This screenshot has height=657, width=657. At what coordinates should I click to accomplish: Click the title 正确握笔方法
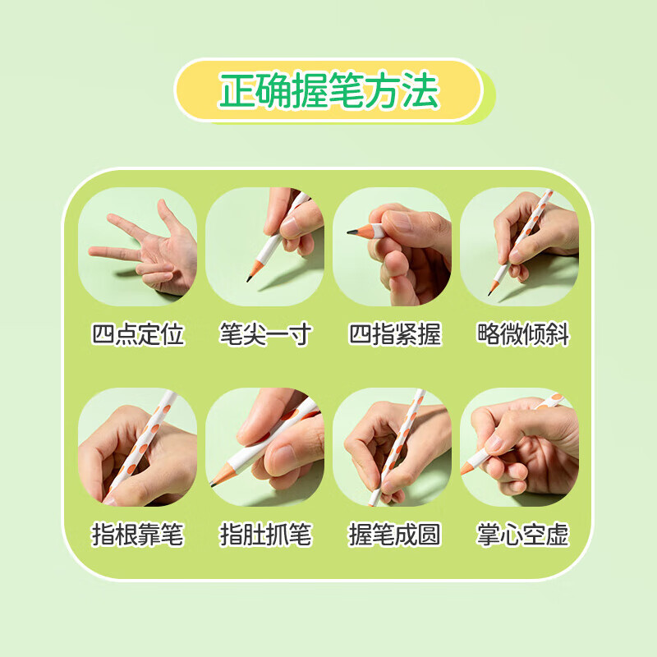point(328,91)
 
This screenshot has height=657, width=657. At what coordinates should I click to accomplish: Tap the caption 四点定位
point(138,334)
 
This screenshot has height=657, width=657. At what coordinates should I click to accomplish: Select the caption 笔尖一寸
point(265,334)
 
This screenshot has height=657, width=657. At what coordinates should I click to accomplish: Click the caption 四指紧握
point(393,334)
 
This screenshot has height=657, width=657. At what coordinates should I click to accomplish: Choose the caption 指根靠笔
point(138,535)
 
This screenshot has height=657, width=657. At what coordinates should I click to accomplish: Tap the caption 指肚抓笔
point(265,535)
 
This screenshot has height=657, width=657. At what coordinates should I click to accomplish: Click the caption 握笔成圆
point(393,535)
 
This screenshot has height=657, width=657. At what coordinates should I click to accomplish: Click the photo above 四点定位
point(138,247)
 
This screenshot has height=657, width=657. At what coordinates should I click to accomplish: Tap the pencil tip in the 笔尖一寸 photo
point(248,281)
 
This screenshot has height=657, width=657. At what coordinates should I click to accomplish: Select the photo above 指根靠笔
point(138,447)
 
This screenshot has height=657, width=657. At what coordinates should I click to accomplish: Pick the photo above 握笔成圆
point(393,447)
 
